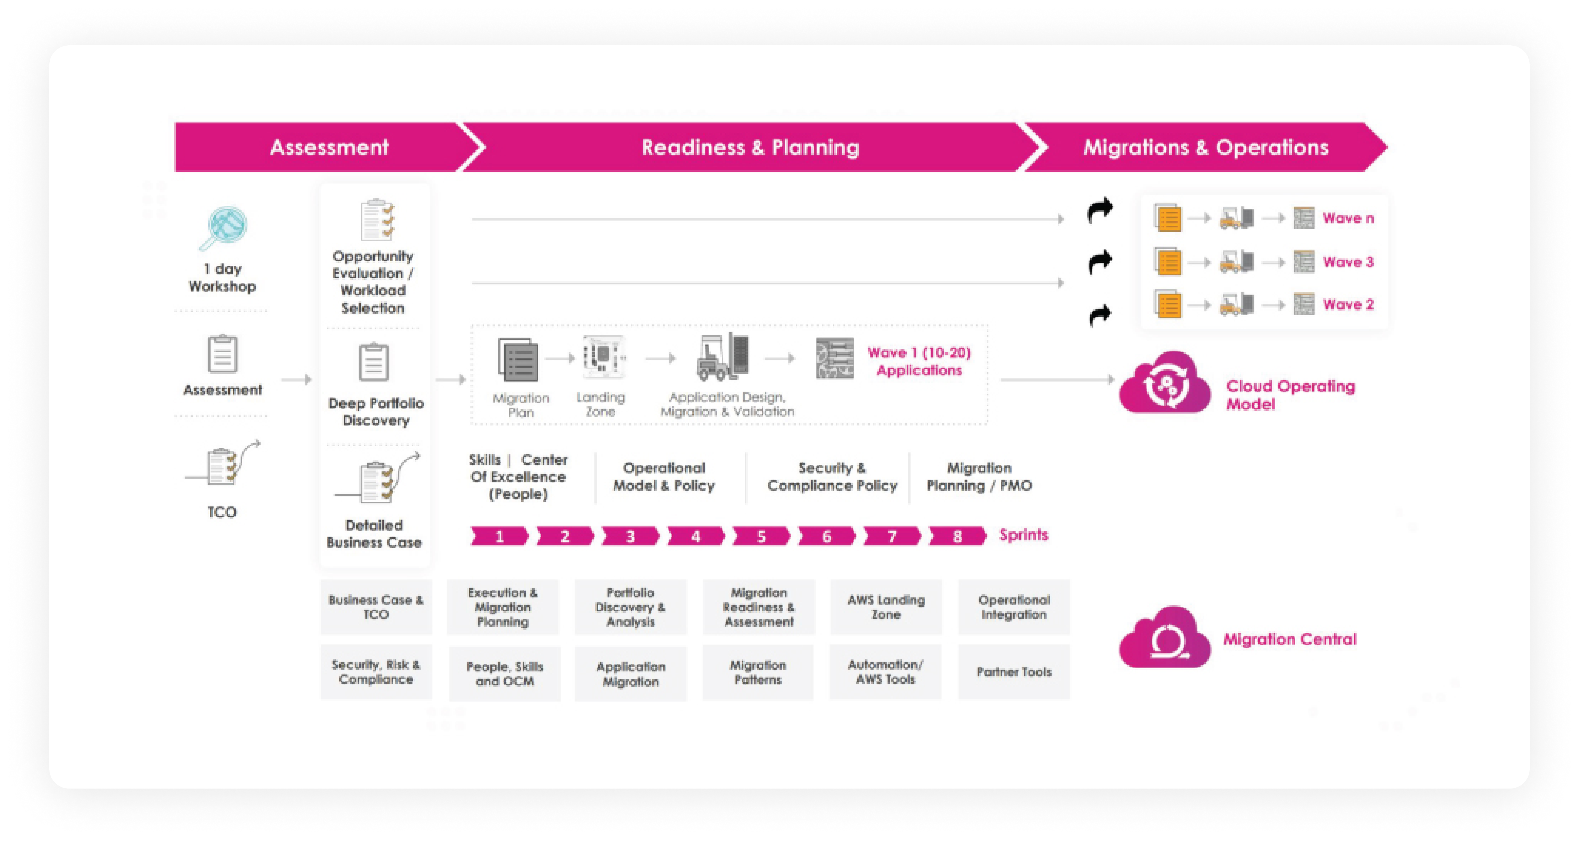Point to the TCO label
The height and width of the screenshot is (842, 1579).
[222, 512]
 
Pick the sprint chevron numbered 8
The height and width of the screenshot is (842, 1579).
[957, 536]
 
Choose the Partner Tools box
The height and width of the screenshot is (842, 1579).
[1014, 672]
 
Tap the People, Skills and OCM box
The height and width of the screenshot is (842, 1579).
[505, 674]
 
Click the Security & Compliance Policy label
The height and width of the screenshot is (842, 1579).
[832, 477]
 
